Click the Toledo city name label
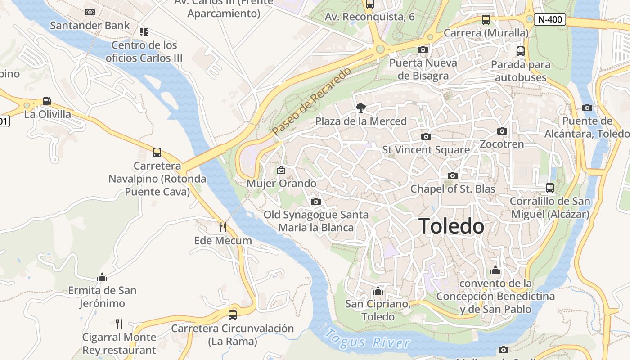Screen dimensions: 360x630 [451, 226]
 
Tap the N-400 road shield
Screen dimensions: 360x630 [549, 19]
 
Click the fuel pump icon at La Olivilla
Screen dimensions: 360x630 [47, 101]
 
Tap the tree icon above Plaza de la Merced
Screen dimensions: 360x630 [360, 108]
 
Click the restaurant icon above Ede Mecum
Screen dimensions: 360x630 [223, 227]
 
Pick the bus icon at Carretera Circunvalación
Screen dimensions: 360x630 [233, 315]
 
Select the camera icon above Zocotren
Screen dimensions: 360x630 [502, 131]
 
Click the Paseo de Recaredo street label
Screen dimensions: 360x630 [311, 101]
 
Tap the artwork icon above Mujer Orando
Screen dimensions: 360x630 [281, 170]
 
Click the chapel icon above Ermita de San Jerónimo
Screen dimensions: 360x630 [102, 277]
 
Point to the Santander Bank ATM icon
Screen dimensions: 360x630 [90, 12]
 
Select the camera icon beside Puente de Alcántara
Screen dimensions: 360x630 [587, 108]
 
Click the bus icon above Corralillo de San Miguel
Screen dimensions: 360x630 [549, 188]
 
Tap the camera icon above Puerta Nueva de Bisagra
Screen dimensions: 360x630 [423, 50]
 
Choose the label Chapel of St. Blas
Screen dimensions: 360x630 [453, 189]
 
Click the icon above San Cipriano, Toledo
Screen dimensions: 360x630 [378, 291]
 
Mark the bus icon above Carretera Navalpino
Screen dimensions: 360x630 [157, 152]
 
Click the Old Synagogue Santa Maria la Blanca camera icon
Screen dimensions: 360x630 [316, 202]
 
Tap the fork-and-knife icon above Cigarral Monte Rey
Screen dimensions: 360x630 [119, 324]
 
